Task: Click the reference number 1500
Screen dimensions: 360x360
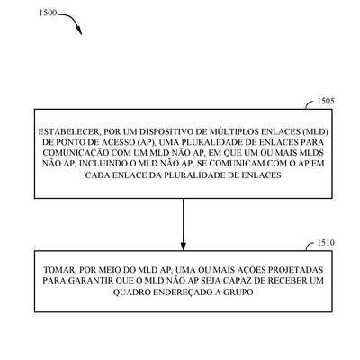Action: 48,13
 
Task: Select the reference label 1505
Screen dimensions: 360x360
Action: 326,101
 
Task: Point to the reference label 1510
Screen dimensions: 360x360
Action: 326,243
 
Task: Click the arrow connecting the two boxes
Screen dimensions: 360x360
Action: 184,224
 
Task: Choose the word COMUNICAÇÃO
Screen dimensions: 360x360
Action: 76,153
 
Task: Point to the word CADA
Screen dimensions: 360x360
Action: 97,175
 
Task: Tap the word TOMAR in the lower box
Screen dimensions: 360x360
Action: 58,270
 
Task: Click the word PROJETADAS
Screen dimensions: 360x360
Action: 295,270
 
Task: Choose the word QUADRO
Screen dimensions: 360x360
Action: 132,292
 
